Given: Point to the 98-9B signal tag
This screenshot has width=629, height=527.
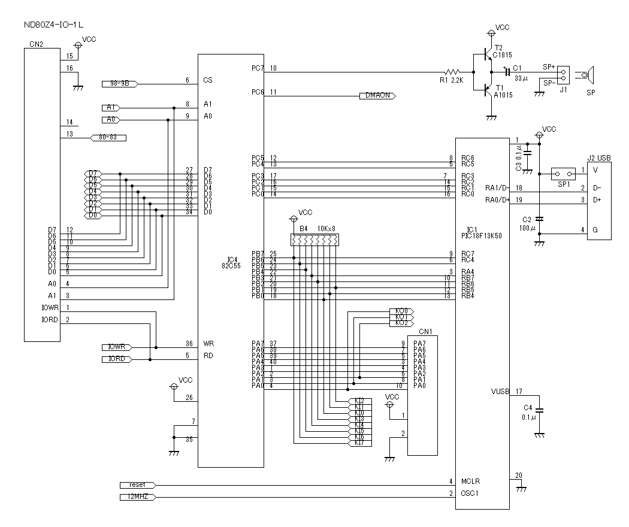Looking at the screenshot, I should [x=119, y=83].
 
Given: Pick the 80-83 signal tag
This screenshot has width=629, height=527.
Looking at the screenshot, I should [x=107, y=138].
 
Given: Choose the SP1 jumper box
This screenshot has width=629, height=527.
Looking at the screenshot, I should [x=564, y=173].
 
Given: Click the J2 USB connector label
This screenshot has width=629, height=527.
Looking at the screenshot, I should [x=599, y=158].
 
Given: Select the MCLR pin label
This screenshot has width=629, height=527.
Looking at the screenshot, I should [x=471, y=481].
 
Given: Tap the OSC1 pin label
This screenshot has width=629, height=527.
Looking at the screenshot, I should [x=470, y=494].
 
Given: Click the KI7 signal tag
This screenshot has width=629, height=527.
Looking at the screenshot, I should [x=359, y=443].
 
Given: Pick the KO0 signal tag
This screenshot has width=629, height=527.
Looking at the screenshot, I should [x=401, y=311].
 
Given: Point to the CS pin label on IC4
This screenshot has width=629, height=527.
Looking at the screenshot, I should [x=208, y=80].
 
